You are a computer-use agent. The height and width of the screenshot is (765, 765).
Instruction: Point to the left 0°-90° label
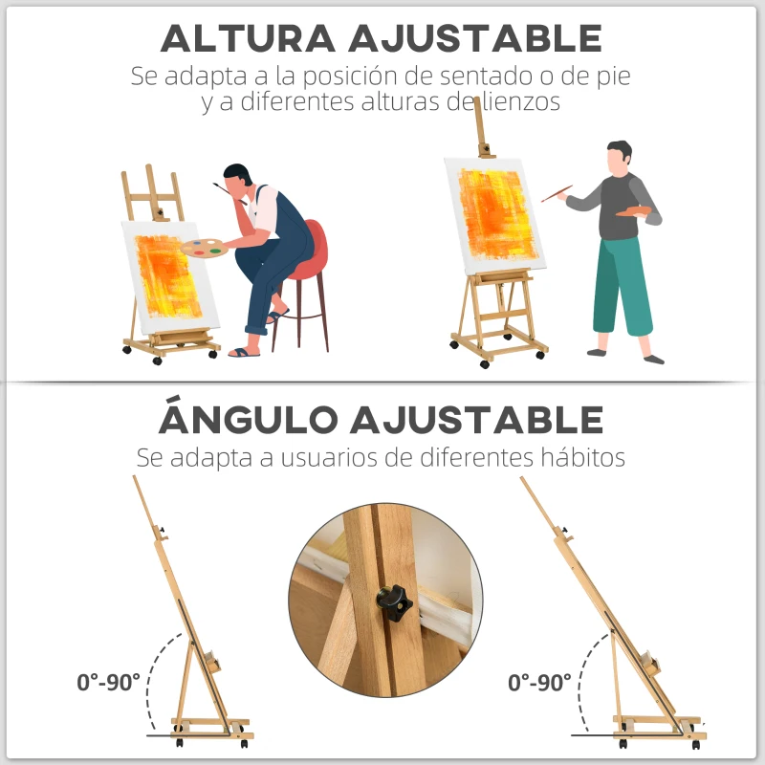point(109,682)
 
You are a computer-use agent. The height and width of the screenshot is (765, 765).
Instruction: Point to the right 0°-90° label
point(540,682)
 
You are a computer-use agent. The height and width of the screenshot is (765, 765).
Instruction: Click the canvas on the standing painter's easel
point(494,215)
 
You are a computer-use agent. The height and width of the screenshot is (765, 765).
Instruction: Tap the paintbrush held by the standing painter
point(557,193)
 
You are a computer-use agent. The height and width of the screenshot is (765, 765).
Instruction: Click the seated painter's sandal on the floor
point(245,352)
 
